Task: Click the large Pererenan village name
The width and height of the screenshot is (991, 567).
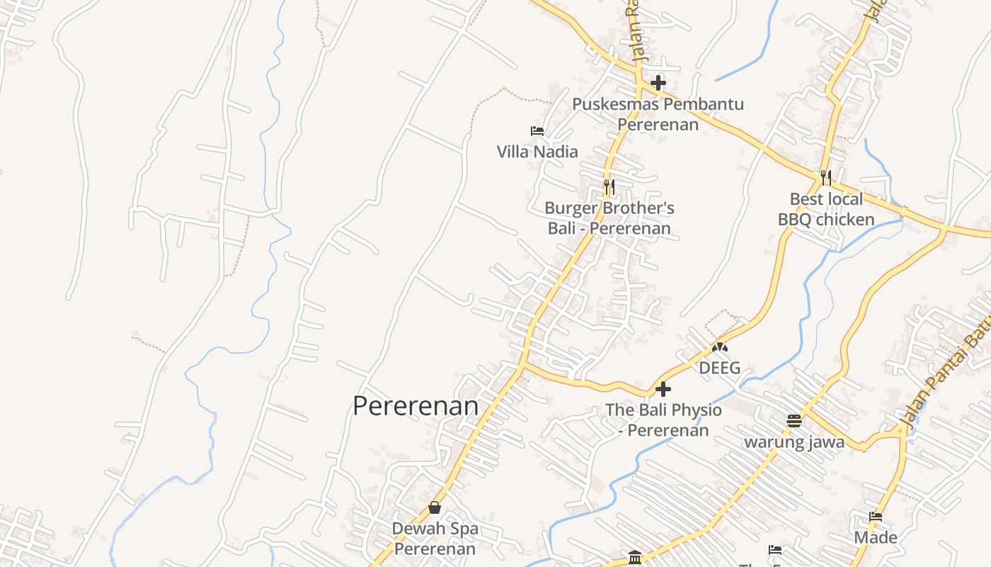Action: [x=416, y=406]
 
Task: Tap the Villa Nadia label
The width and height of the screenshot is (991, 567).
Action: [x=537, y=152]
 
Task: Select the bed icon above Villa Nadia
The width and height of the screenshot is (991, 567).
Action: [x=537, y=130]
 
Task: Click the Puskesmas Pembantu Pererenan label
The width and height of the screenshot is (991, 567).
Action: [x=658, y=114]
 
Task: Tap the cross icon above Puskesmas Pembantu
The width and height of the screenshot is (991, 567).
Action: [x=658, y=82]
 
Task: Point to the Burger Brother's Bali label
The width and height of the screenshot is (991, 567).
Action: [x=609, y=218]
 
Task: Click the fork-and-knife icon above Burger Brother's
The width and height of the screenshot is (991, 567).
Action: [x=609, y=186]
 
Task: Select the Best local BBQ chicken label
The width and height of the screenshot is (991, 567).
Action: [x=826, y=209]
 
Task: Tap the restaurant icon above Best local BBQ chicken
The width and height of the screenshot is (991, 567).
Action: [x=826, y=176]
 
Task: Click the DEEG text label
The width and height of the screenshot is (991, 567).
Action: [x=720, y=368]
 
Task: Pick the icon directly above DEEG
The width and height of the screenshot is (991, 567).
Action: [x=720, y=347]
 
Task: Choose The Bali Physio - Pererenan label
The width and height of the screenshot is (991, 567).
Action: [x=664, y=420]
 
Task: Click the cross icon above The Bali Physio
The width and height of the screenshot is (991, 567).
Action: [x=663, y=389]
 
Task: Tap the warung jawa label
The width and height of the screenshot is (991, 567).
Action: [x=794, y=442]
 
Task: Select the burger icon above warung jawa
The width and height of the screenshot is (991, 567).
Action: [x=794, y=421]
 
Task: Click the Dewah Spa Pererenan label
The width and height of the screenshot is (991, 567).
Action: [x=435, y=539]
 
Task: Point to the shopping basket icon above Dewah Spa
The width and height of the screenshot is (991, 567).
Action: [x=435, y=507]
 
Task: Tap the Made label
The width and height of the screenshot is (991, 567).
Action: [x=876, y=537]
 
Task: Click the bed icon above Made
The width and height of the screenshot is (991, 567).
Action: [x=876, y=517]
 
